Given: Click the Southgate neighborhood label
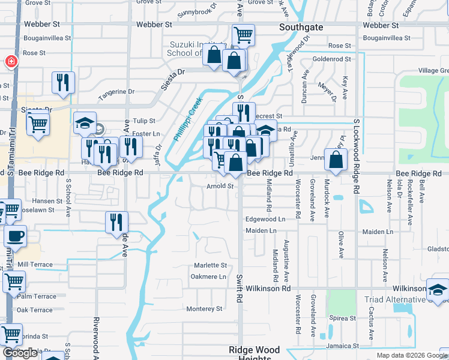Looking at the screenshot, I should click(x=301, y=27).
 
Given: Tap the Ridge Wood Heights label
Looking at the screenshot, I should click(x=255, y=354).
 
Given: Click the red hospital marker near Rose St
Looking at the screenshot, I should click(x=10, y=61).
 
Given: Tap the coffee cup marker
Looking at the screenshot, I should click(x=16, y=235).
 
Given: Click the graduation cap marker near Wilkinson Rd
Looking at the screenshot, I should click(x=438, y=289).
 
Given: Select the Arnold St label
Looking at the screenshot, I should click(x=220, y=186).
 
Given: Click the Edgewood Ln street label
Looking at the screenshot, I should click(x=265, y=220).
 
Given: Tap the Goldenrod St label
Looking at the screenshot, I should click(x=331, y=59).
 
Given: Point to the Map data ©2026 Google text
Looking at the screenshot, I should click(x=411, y=355).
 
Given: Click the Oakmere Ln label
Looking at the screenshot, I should click(x=208, y=277).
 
